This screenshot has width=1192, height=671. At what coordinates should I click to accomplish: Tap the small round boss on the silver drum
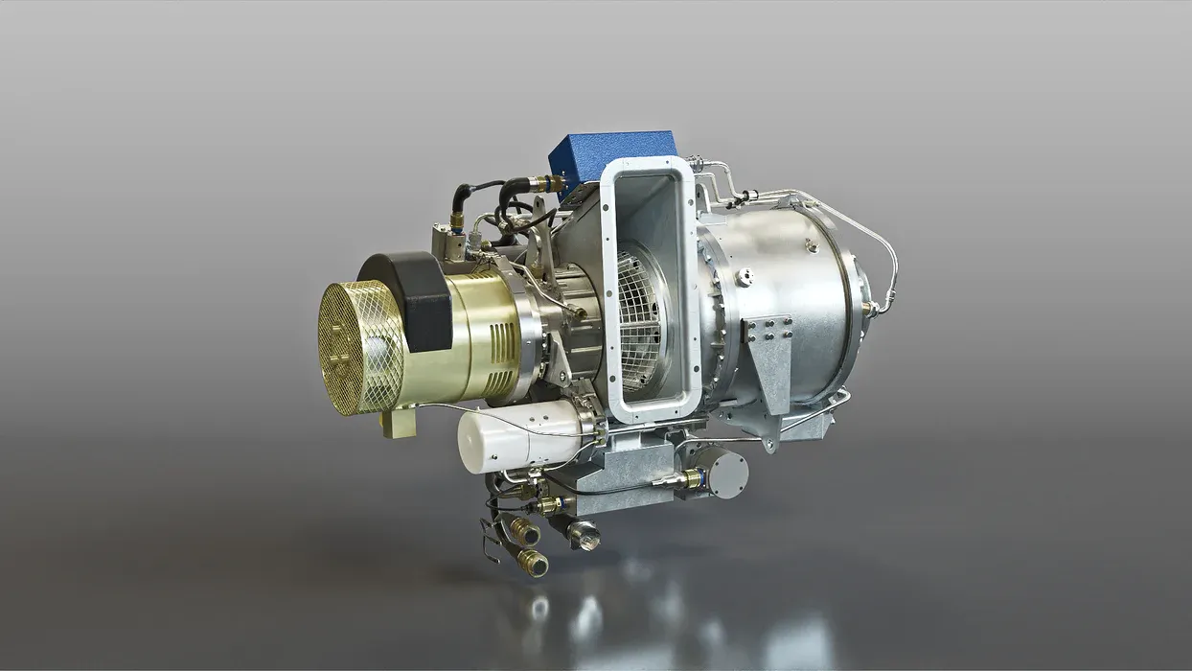pos(745,278)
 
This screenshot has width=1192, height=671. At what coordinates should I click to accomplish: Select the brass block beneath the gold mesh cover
pos(399,422)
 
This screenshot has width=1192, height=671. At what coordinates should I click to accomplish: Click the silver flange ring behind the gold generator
pos(533,335)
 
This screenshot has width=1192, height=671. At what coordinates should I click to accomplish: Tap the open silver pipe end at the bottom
pos(584,535)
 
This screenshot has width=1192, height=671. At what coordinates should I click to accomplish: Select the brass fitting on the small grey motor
pos(691,477)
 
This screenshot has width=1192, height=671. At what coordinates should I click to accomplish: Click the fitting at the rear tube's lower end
pos(873,309)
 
